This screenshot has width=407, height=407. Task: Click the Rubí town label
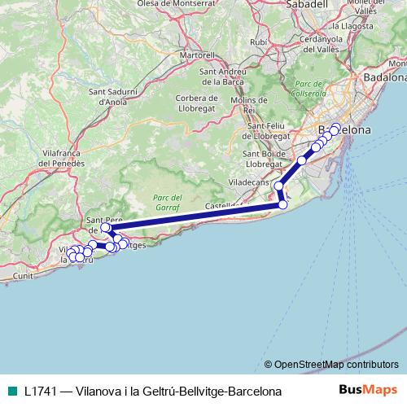click(259, 42)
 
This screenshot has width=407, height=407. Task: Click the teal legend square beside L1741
click(10, 391)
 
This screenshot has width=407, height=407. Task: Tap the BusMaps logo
click(368, 391)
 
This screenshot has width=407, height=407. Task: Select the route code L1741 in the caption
click(40, 392)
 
